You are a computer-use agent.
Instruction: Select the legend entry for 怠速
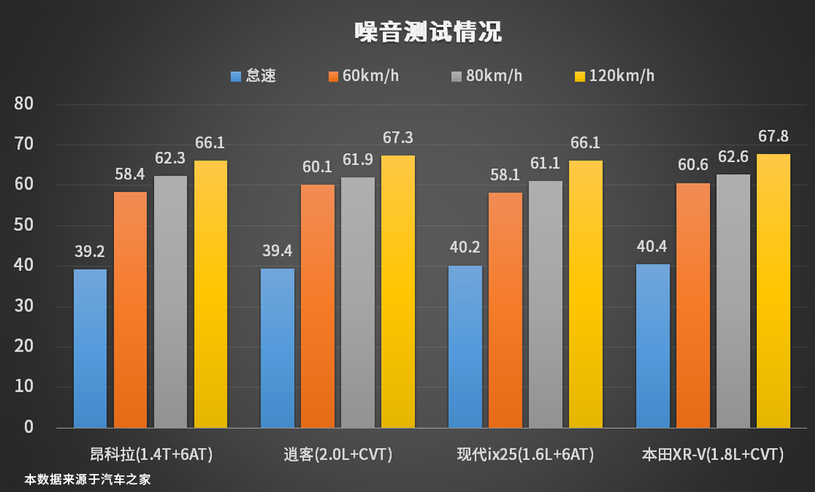(254, 76)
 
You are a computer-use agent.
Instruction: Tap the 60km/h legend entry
(363, 76)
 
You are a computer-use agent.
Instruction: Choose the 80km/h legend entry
(486, 76)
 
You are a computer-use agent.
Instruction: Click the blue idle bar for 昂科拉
(90, 349)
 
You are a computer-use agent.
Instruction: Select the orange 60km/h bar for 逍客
(318, 306)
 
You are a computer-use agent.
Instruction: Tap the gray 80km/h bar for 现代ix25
(546, 304)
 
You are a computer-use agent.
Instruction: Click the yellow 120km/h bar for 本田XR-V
(773, 291)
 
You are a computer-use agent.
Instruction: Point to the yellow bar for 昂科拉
(211, 294)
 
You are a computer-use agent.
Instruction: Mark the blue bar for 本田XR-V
(653, 346)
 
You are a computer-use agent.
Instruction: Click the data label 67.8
(773, 137)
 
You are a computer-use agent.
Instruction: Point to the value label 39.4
(277, 251)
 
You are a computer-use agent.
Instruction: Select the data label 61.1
(546, 164)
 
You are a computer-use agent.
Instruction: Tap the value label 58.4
(131, 174)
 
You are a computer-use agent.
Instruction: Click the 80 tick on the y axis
(24, 103)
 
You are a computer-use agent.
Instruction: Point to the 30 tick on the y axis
(24, 306)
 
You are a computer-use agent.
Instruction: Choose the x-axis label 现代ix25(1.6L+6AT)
(525, 455)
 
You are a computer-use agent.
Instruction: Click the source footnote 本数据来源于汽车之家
(88, 478)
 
